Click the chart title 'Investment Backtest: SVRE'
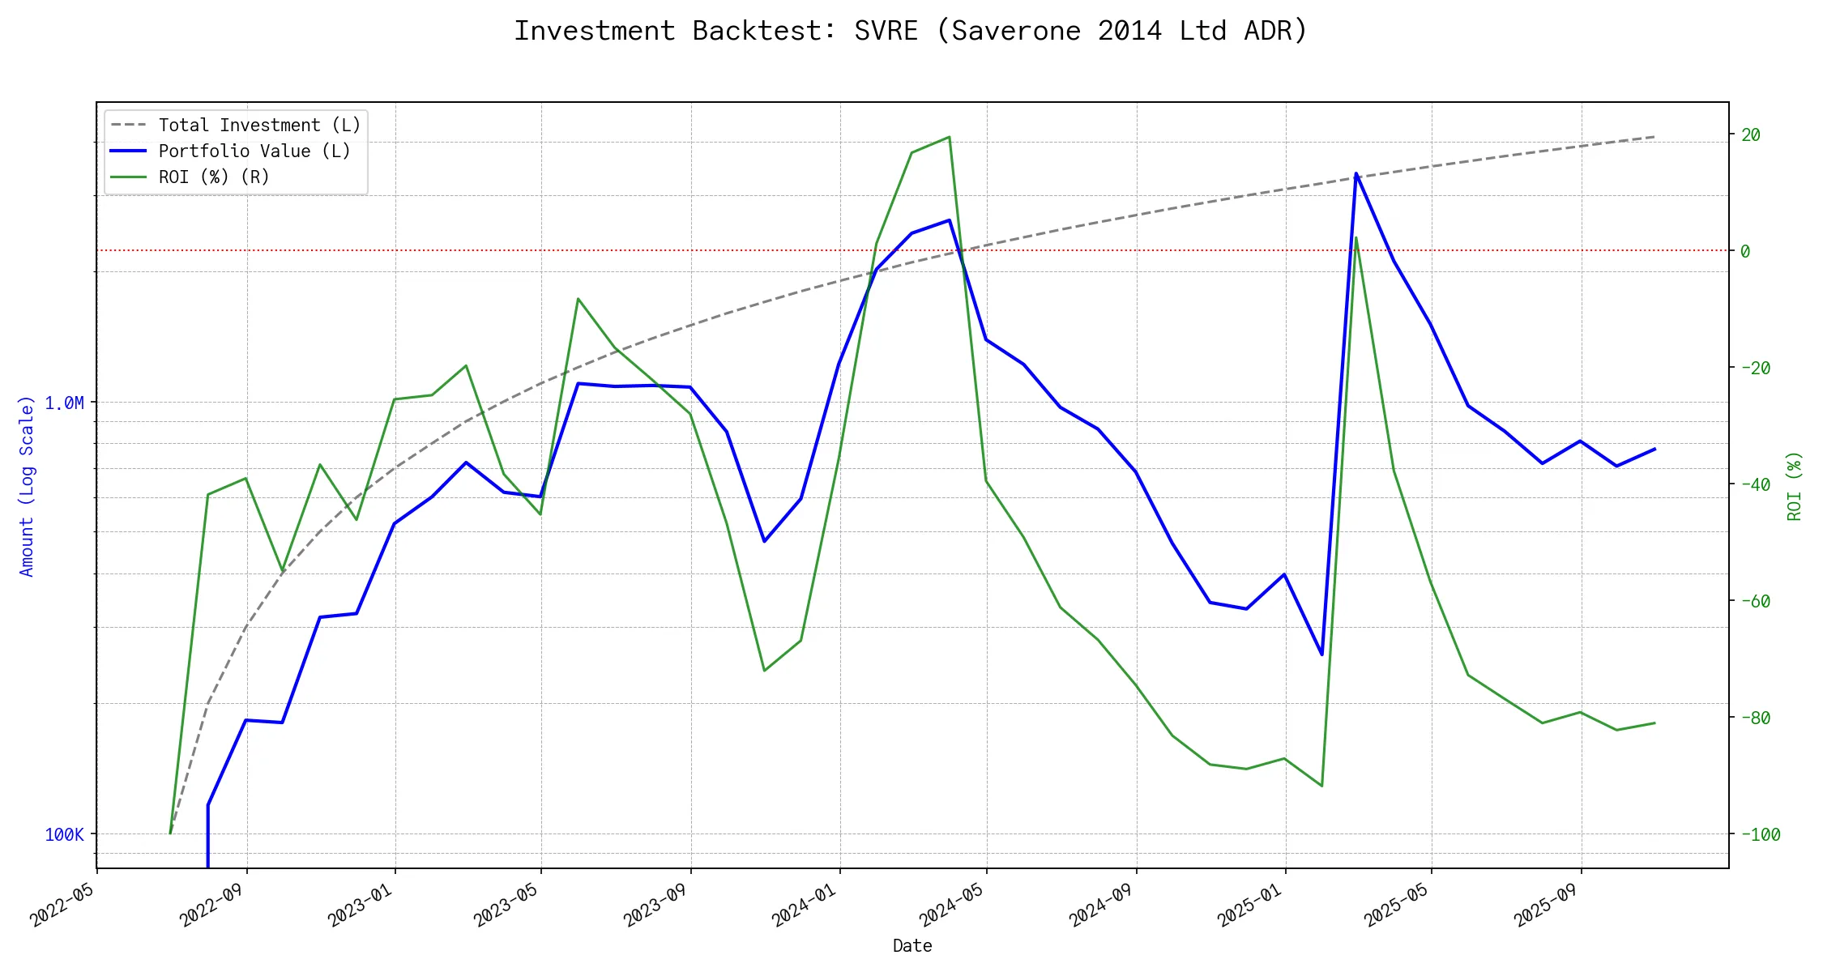[911, 31]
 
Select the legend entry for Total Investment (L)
[259, 126]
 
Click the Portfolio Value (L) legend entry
[254, 151]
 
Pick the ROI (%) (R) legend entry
[214, 177]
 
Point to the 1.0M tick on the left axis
[64, 403]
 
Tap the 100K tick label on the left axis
[64, 835]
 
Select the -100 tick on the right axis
[1761, 835]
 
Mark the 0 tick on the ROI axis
[1745, 252]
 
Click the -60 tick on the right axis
[1756, 602]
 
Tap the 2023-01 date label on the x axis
[360, 905]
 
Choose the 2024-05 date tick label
[951, 905]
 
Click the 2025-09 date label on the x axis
[1546, 905]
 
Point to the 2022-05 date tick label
[62, 905]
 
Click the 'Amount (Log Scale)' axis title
[27, 486]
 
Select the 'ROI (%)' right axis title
[1795, 486]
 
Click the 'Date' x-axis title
[912, 946]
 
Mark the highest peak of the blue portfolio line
[1356, 173]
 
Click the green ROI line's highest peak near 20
[949, 137]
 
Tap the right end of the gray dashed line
[1654, 137]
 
